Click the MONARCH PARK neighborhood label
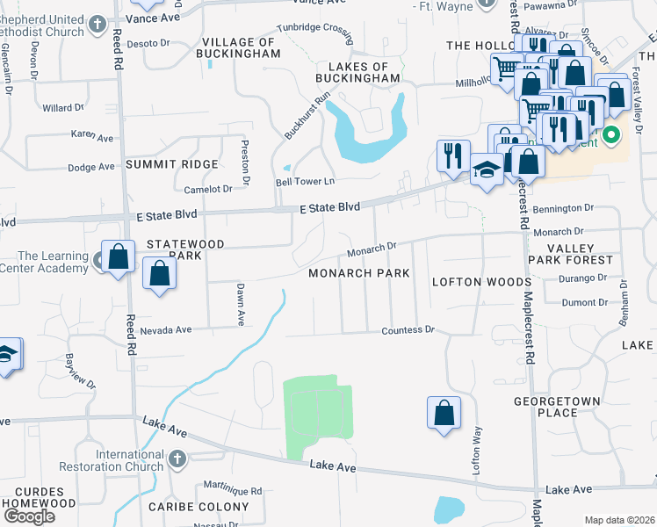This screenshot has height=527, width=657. point(359,273)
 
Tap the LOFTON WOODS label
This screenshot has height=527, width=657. point(481,282)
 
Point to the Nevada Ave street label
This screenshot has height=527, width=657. point(165,330)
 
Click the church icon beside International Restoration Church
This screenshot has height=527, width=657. point(177,458)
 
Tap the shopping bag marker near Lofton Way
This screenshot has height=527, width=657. point(444,414)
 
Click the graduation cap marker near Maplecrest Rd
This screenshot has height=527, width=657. point(486,170)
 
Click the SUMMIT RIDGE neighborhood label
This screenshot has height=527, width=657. point(171,165)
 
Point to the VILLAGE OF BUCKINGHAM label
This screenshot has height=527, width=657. point(240,47)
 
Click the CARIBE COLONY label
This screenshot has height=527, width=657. point(199,507)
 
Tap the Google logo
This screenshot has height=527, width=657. point(29,516)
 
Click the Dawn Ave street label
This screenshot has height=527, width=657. point(239,304)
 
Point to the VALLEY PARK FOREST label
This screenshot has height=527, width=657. point(569,255)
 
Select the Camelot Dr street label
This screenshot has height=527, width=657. point(208,189)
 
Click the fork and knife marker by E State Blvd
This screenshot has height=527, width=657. point(453,155)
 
